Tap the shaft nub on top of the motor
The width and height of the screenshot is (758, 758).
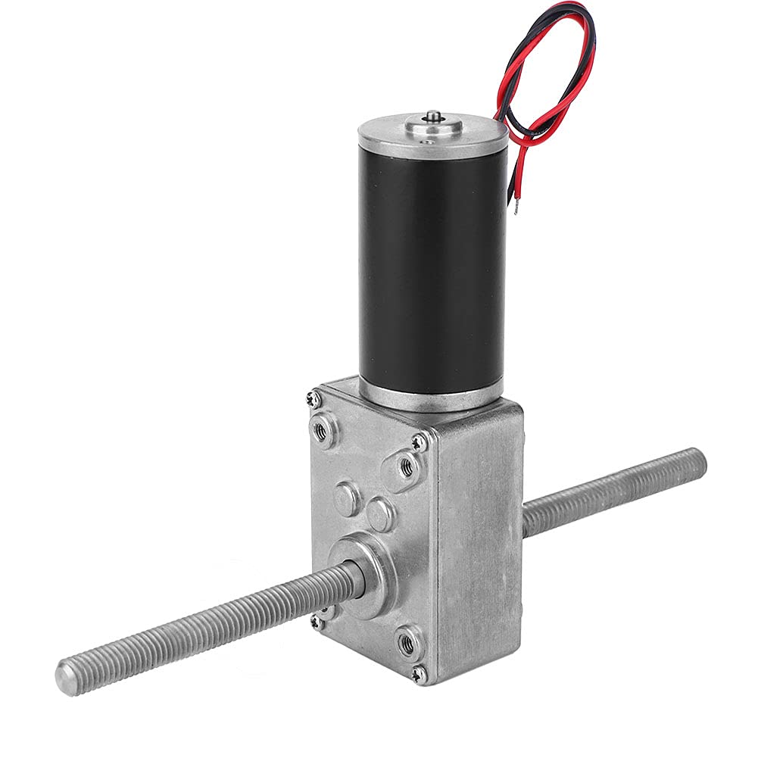coord(433,116)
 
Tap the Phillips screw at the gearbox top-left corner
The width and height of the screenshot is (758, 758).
coord(312,396)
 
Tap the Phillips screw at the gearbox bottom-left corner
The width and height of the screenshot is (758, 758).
coord(315,621)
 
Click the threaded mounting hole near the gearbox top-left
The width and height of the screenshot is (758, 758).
coord(325,431)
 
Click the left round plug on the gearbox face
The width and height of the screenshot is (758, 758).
coord(348,498)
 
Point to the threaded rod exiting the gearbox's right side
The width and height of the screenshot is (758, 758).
coord(613,491)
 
